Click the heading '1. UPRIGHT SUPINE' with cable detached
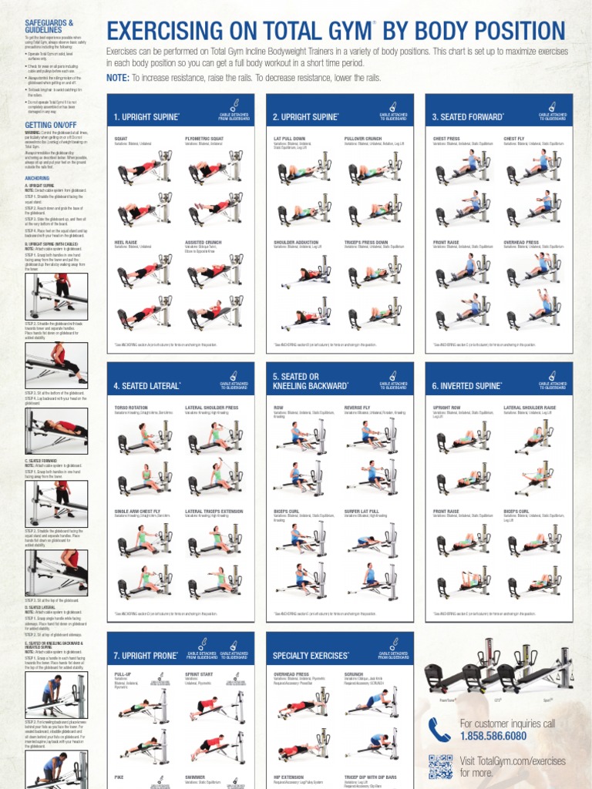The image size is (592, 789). pyautogui.click(x=146, y=117)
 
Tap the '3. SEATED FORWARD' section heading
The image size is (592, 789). pyautogui.click(x=468, y=117)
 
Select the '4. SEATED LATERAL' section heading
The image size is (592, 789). pyautogui.click(x=147, y=385)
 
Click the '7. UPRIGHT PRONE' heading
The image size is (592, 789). pyautogui.click(x=146, y=656)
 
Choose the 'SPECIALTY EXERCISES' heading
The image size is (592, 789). pyautogui.click(x=311, y=656)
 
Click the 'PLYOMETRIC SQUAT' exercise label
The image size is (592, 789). pyautogui.click(x=203, y=139)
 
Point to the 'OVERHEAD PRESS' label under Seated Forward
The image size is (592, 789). pyautogui.click(x=521, y=242)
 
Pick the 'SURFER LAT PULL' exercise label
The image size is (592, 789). pyautogui.click(x=362, y=510)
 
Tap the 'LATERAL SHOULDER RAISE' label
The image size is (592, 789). pyautogui.click(x=530, y=408)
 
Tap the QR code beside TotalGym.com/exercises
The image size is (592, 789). pyautogui.click(x=440, y=767)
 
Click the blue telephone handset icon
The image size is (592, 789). pyautogui.click(x=440, y=729)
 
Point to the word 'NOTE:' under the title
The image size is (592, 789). pyautogui.click(x=117, y=78)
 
